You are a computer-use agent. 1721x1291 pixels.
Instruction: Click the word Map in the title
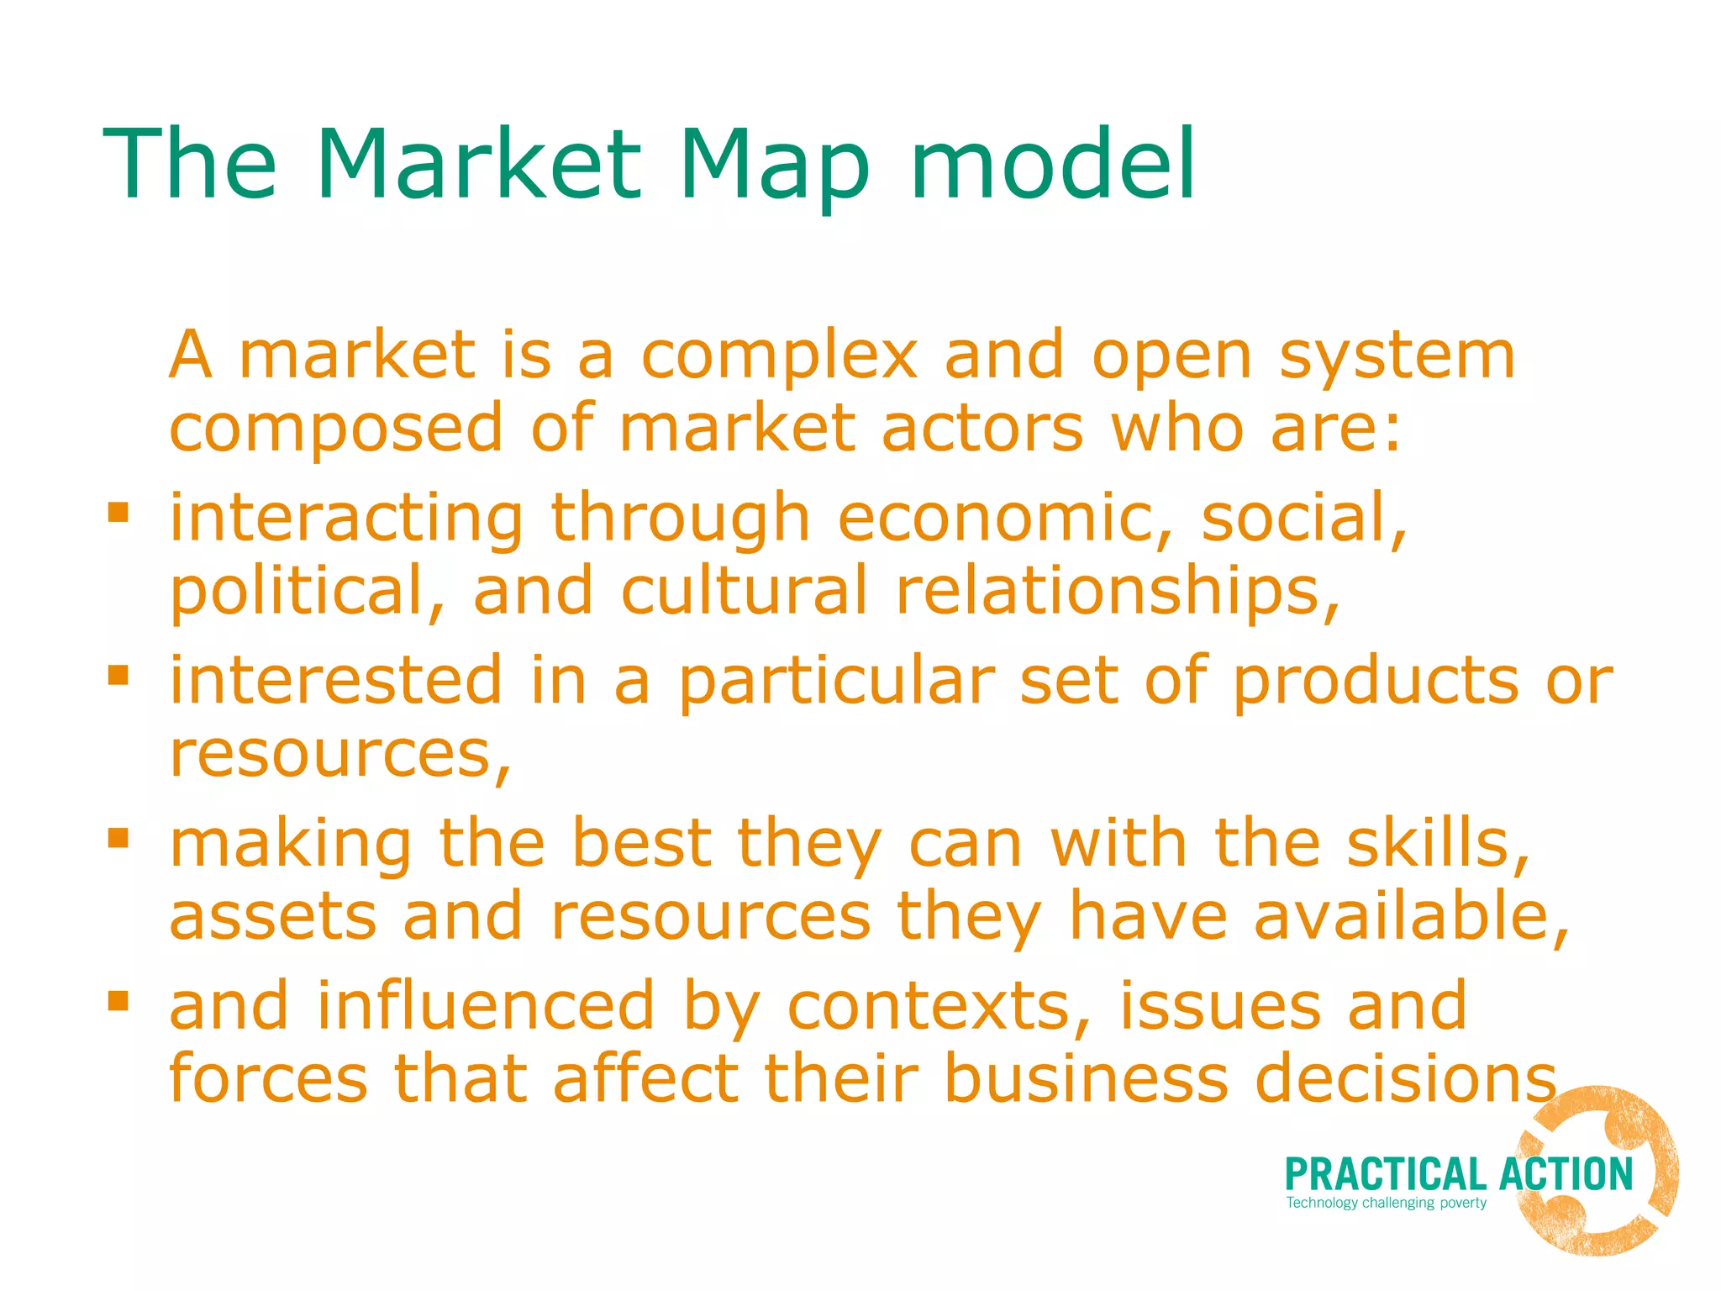[x=774, y=165]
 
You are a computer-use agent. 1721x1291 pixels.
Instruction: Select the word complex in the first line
[x=779, y=356]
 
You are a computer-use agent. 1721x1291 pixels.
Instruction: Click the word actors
[x=982, y=429]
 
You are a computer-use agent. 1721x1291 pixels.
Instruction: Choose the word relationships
[x=1117, y=590]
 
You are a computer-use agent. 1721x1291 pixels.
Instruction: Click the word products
[x=1376, y=681]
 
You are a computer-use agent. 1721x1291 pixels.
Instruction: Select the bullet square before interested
[x=118, y=675]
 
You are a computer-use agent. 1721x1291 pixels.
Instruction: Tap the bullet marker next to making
[x=118, y=837]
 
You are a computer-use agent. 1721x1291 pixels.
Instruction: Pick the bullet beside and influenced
[x=118, y=1000]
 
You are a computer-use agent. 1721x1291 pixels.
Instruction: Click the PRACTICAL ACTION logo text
[x=1458, y=1174]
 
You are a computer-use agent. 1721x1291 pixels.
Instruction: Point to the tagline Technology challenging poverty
[x=1386, y=1203]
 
